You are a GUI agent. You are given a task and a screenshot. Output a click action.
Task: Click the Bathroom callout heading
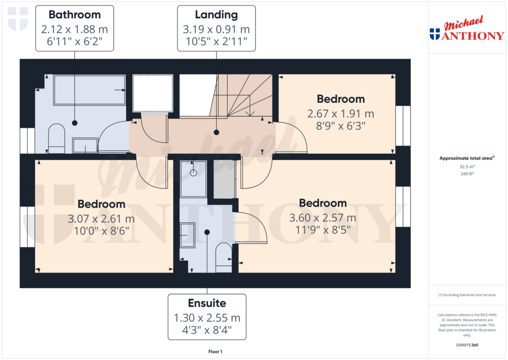[74, 15]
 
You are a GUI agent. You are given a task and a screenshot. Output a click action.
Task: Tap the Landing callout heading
[216, 15]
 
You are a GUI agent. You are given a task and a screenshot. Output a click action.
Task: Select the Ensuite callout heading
[207, 303]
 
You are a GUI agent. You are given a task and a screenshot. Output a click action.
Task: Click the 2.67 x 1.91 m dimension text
[340, 114]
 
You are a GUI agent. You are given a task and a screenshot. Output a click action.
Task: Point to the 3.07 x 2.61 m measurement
[101, 218]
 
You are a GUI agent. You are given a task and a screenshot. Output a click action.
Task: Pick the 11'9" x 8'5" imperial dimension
[323, 229]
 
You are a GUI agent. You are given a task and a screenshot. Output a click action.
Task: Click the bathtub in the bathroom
[89, 90]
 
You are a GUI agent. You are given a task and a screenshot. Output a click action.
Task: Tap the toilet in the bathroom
[56, 139]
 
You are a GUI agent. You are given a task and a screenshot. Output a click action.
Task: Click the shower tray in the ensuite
[193, 178]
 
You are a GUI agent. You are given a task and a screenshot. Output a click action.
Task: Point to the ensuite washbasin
[188, 234]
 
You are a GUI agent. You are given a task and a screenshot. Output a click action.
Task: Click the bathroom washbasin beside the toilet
[85, 145]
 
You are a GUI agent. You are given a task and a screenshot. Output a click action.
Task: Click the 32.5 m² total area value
[465, 167]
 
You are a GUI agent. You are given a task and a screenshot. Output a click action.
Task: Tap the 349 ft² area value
[465, 174]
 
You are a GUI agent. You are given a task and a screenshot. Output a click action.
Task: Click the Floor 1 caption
[215, 352]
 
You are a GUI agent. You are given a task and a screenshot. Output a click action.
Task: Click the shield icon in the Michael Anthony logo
[435, 34]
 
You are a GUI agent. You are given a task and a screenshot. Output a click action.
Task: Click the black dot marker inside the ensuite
[207, 232]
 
